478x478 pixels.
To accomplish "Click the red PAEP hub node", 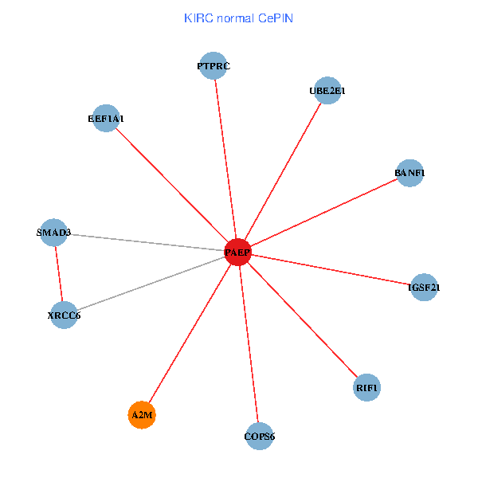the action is [x=237, y=253].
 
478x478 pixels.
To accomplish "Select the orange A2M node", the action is [x=142, y=415].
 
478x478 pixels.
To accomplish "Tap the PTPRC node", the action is [x=214, y=66].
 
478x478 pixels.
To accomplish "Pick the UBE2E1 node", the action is [x=327, y=91].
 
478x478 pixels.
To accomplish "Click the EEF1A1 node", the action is [x=106, y=119].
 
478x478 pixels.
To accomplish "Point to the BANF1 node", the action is [x=409, y=173].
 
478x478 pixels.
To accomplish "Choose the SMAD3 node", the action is [x=53, y=233].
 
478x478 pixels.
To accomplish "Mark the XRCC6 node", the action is [x=64, y=315].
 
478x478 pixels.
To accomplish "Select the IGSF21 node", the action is [x=424, y=287].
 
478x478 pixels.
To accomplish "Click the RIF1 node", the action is [x=367, y=388].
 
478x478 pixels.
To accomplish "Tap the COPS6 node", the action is [x=260, y=436].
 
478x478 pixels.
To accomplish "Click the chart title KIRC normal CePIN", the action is [x=238, y=18].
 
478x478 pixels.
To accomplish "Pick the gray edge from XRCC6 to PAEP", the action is [x=151, y=284].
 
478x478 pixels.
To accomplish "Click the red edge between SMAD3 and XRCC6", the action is [x=58, y=274].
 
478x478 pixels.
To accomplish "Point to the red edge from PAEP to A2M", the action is [x=190, y=334].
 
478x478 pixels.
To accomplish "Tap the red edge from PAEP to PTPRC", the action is [x=225, y=159].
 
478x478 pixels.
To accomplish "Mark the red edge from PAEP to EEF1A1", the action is [x=171, y=186].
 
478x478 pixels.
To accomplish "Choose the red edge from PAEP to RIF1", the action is [x=303, y=320].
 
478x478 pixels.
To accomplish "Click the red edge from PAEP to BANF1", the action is [x=323, y=213].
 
